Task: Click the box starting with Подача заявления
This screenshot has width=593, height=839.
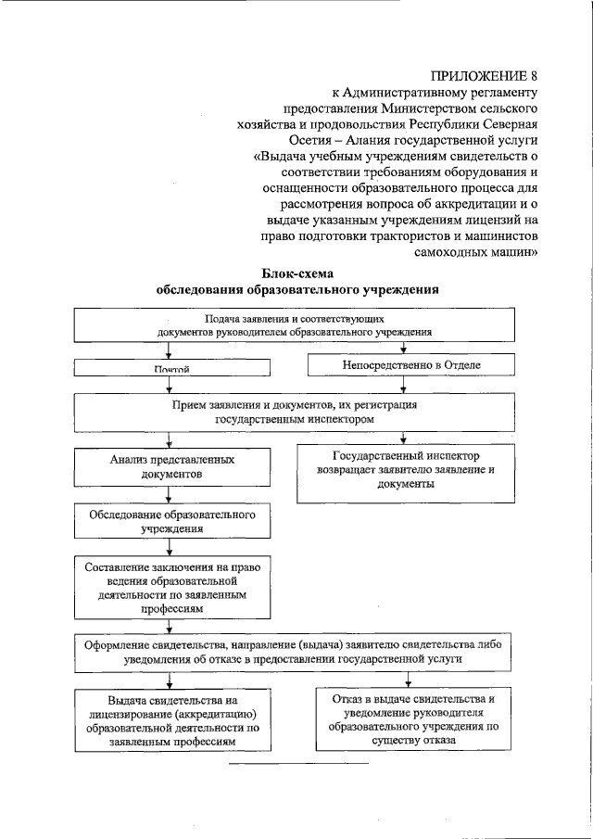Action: [x=296, y=324]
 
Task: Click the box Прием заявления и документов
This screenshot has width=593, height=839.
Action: [x=296, y=413]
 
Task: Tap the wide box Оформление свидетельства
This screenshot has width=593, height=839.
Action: [x=296, y=652]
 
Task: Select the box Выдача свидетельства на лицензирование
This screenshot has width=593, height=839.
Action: [x=170, y=720]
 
